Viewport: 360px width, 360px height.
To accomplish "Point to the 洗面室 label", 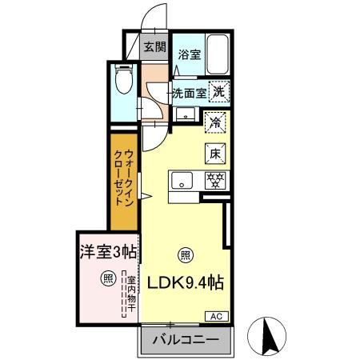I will coord(190,93).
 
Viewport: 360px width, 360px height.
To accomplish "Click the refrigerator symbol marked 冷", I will coord(214,122).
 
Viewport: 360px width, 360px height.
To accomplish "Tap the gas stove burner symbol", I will coord(214,180).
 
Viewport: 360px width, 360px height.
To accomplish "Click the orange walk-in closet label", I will coord(124,178).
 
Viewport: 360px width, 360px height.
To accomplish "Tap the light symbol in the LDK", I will coord(185,255).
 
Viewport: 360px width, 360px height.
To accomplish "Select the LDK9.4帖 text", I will coord(183,283).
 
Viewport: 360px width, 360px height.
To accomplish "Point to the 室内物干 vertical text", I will coord(128,293).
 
